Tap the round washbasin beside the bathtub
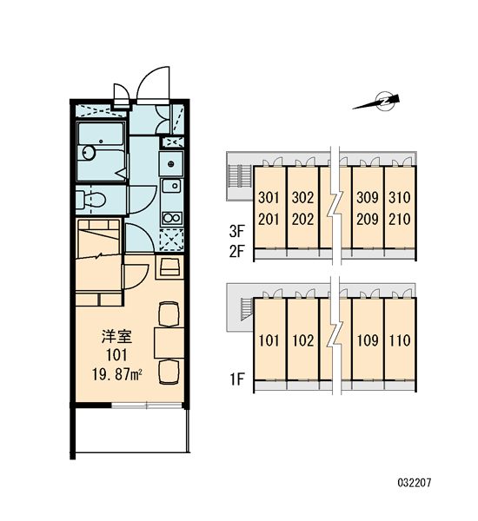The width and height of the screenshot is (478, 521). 89,153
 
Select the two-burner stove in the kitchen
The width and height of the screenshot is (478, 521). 172,218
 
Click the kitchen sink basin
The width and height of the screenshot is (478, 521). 172,186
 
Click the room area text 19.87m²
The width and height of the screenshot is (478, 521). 117,375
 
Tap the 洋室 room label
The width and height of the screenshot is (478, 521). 116,337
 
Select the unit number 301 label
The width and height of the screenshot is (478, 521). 269,198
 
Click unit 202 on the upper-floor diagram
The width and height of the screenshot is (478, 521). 302,220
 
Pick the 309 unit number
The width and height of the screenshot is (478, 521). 368,197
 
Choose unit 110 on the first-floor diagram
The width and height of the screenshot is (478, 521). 400,340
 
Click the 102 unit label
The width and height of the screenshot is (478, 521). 303,340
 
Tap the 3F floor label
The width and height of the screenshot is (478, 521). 237,232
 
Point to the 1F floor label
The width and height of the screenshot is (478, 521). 237,379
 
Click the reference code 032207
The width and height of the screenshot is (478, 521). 415,483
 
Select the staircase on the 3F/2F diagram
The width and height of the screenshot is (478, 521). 240,176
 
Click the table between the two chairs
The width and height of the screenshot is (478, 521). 169,343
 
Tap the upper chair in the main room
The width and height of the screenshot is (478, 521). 169,314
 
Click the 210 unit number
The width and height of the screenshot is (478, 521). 400,220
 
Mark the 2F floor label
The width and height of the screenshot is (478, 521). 237,252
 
